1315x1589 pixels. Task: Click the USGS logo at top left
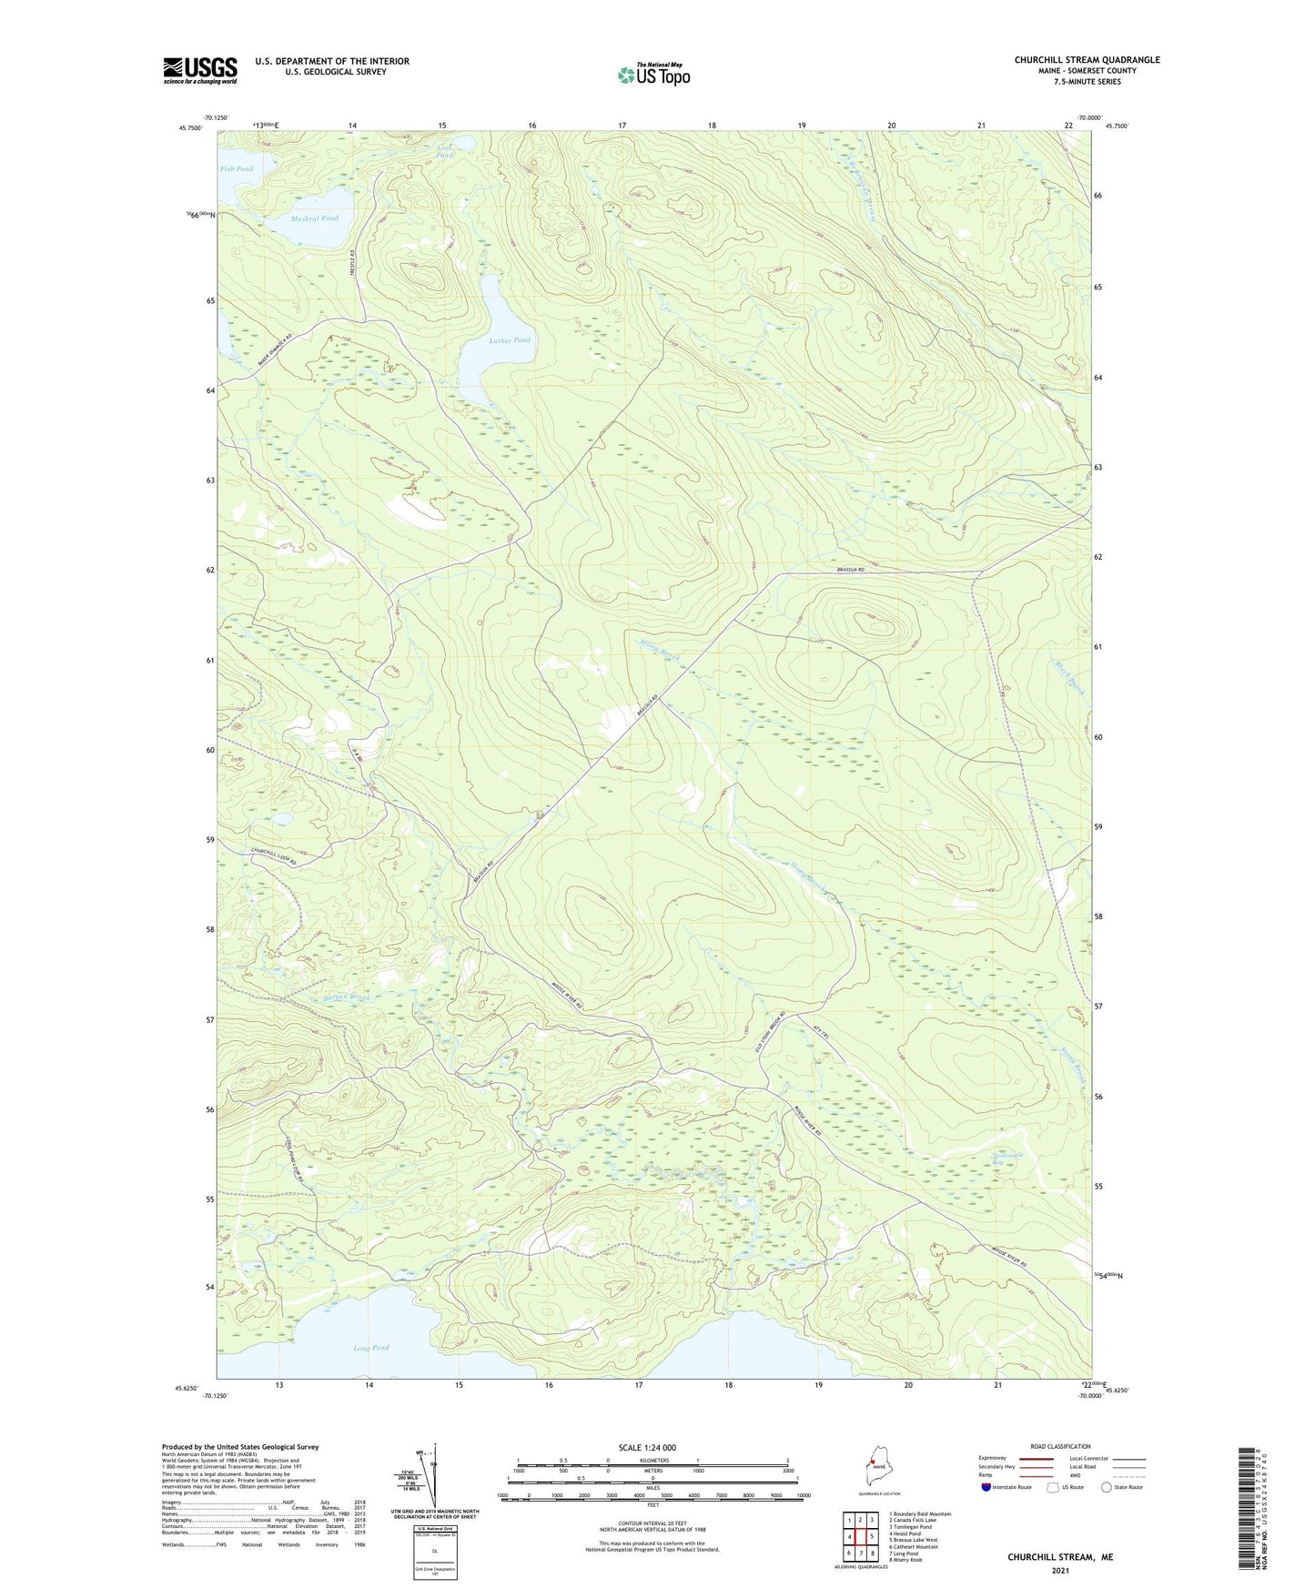[x=200, y=70]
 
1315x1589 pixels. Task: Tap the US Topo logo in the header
[x=653, y=75]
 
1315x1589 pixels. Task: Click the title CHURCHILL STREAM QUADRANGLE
[x=1087, y=60]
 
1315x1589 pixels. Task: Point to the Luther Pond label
[x=510, y=340]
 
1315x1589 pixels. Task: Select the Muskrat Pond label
[x=315, y=218]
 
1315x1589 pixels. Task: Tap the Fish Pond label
[x=237, y=169]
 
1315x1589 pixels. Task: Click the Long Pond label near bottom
[x=371, y=1348]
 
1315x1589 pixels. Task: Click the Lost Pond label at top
[x=444, y=151]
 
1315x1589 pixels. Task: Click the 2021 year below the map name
[x=1059, y=1570]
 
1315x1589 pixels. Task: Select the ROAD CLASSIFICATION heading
[x=1060, y=1446]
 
